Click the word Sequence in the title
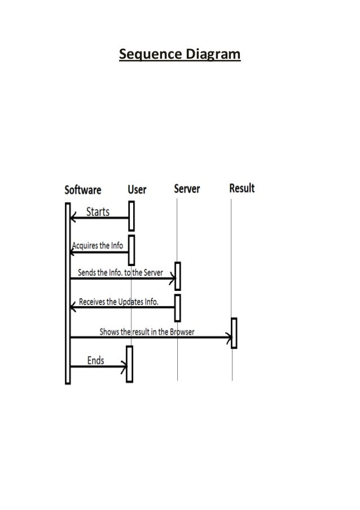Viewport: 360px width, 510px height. pyautogui.click(x=147, y=55)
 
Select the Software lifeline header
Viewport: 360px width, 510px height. pyautogui.click(x=83, y=190)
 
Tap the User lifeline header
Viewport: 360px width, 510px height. pyautogui.click(x=137, y=190)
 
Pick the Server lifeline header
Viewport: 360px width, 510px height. pyautogui.click(x=187, y=189)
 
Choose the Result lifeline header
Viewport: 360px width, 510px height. pyautogui.click(x=242, y=188)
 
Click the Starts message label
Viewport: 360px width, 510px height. pyautogui.click(x=98, y=212)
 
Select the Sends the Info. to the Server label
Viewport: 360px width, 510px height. pyautogui.click(x=120, y=272)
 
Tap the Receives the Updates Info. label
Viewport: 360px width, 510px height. pyautogui.click(x=118, y=302)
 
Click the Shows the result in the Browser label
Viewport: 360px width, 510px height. pyautogui.click(x=147, y=332)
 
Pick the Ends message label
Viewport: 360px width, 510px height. pyautogui.click(x=95, y=360)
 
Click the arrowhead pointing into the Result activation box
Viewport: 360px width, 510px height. pyautogui.click(x=229, y=338)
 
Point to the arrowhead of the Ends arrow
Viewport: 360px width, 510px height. pyautogui.click(x=124, y=367)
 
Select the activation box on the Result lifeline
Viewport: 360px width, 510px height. pyautogui.click(x=234, y=333)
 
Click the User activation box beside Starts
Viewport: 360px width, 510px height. pyautogui.click(x=131, y=216)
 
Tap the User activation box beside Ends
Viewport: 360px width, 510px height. pyautogui.click(x=129, y=364)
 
